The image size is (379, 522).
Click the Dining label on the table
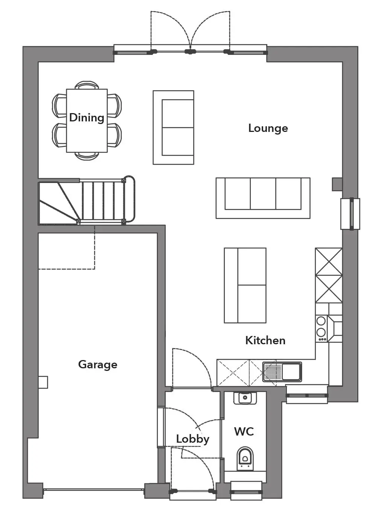click(86, 118)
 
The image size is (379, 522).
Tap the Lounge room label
click(268, 129)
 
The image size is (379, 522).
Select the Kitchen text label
click(265, 340)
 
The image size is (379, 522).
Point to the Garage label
click(98, 365)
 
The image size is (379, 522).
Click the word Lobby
click(193, 439)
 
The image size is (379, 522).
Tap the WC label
click(244, 431)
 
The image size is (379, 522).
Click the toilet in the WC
click(245, 458)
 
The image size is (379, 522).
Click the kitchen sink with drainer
click(282, 372)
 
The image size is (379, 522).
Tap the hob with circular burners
click(321, 328)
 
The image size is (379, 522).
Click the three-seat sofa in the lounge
click(263, 198)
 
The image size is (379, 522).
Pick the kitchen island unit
click(245, 286)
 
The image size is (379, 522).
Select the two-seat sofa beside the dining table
click(173, 127)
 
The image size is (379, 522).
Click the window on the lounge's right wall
click(350, 214)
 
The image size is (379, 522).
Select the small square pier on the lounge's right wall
click(337, 184)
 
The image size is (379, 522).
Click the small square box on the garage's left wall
click(43, 382)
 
